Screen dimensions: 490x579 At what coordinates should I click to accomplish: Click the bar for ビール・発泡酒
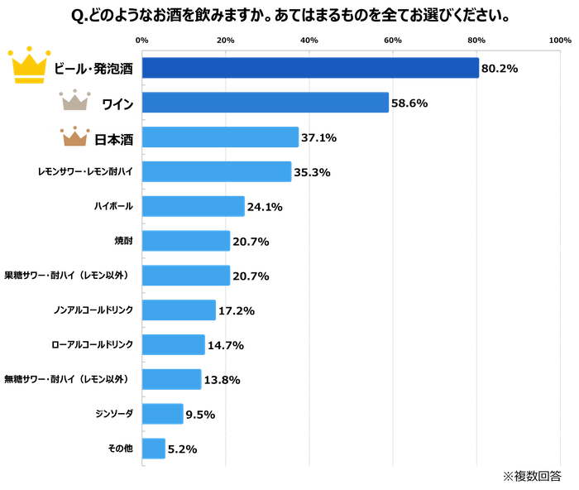click(x=310, y=69)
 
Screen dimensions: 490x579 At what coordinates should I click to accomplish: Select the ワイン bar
click(x=265, y=103)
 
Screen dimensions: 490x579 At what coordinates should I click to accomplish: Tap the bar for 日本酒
click(x=220, y=137)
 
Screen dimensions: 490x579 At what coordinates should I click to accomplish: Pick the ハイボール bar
click(x=194, y=206)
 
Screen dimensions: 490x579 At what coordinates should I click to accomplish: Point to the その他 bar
click(x=154, y=449)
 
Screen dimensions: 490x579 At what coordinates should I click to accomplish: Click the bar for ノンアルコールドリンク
click(x=179, y=310)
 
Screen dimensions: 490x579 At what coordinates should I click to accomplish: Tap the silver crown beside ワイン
click(x=75, y=102)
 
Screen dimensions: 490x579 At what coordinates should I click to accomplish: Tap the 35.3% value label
click(x=313, y=172)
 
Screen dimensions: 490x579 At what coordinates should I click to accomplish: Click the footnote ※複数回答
click(x=530, y=476)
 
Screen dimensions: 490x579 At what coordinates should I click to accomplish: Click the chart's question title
click(x=289, y=16)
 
